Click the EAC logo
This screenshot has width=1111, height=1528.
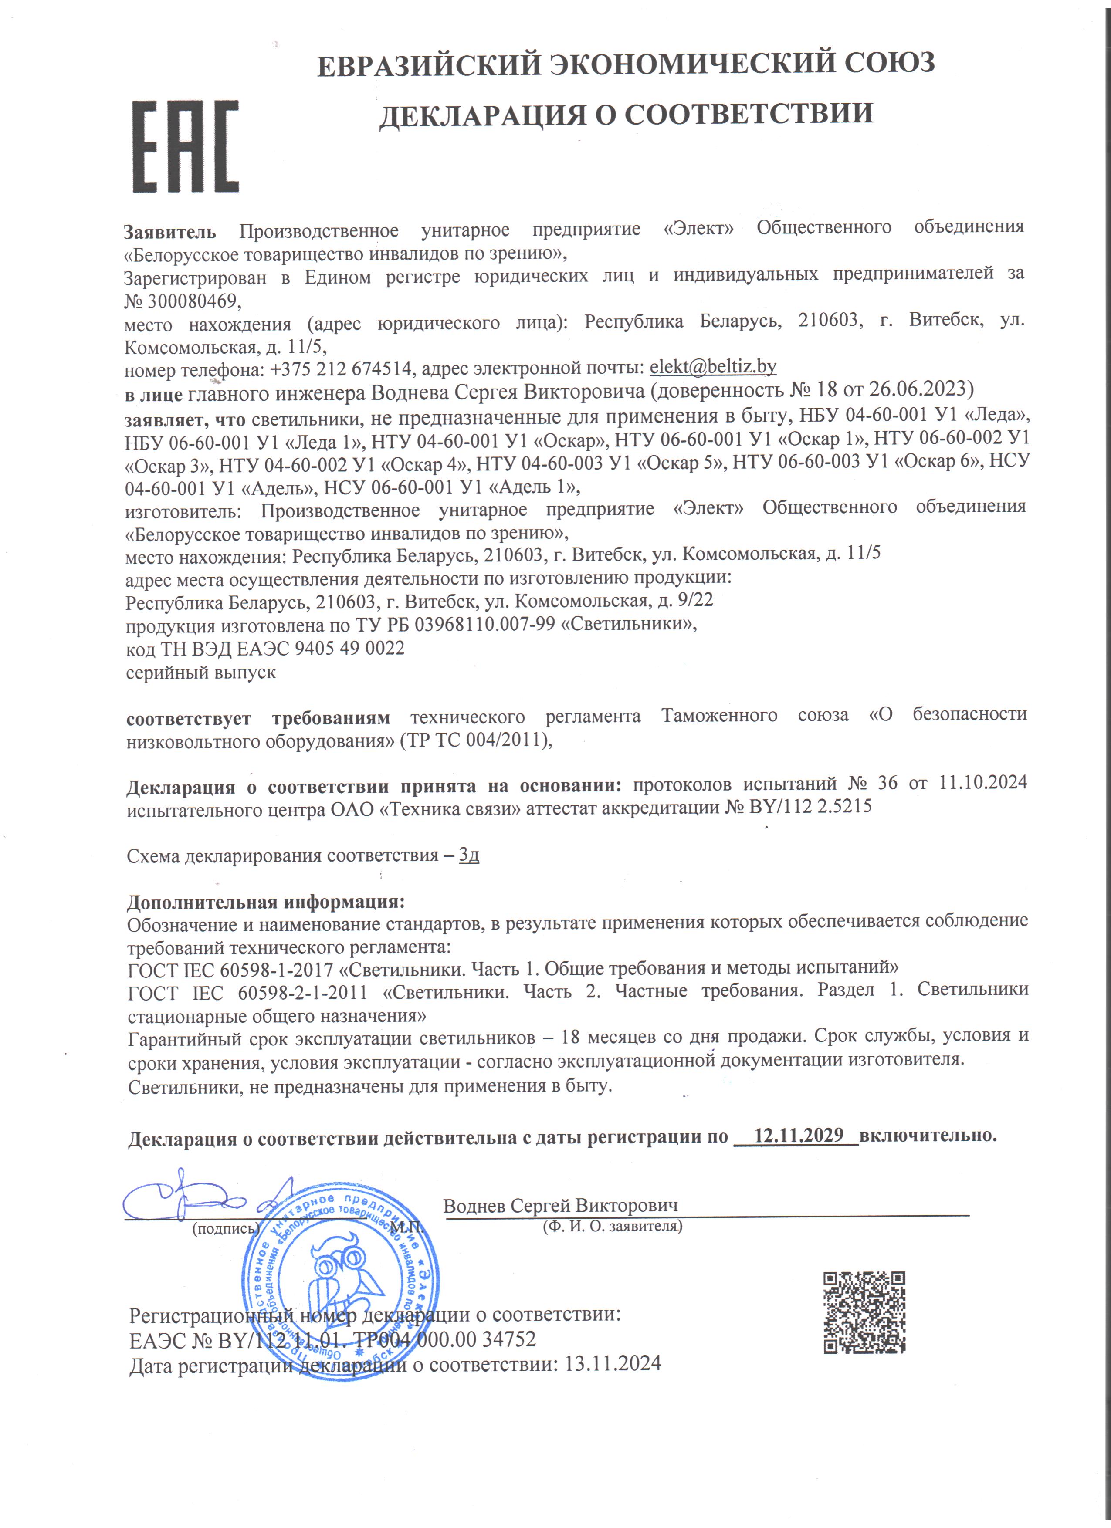pos(185,146)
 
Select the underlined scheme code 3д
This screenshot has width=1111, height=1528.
pos(469,855)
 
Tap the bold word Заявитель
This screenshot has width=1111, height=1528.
pos(170,233)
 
